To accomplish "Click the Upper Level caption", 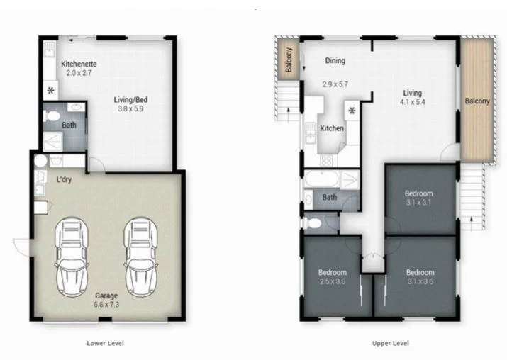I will pyautogui.click(x=390, y=343).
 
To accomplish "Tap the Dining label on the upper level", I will pyautogui.click(x=335, y=61).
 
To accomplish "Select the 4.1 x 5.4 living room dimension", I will pyautogui.click(x=412, y=102).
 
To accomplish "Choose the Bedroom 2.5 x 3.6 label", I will pyautogui.click(x=332, y=277).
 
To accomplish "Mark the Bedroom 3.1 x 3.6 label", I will pyautogui.click(x=420, y=277).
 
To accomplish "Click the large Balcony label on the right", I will pyautogui.click(x=477, y=101).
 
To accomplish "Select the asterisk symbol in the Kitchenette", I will pyautogui.click(x=50, y=91).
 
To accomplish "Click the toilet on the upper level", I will pyautogui.click(x=315, y=223).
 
